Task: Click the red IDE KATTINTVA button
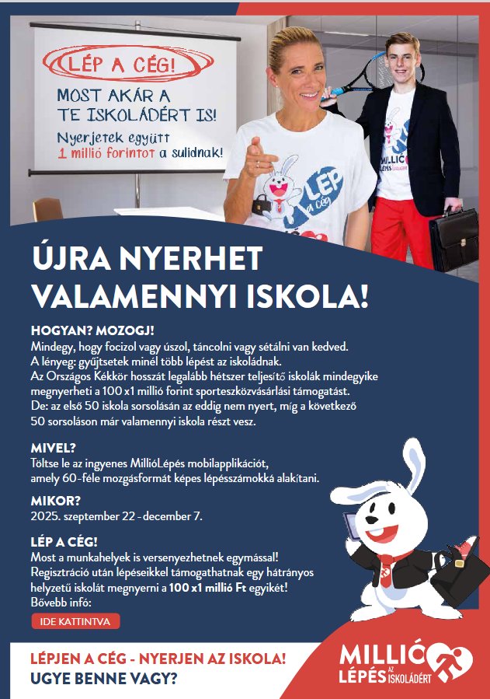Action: tap(75, 621)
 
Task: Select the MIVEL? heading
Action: tap(53, 449)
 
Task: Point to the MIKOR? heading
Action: tap(55, 501)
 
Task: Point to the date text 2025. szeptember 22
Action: tap(83, 516)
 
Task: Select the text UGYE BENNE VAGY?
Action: tap(103, 678)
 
